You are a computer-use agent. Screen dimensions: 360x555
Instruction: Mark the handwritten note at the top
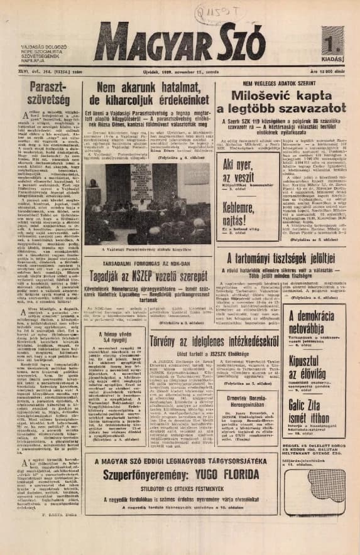pyautogui.click(x=238, y=11)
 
